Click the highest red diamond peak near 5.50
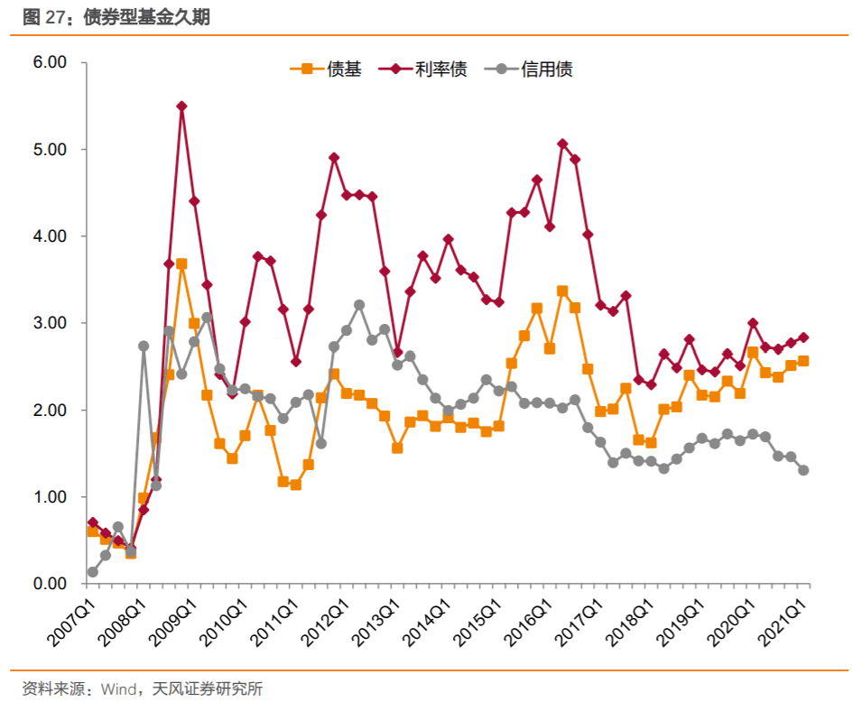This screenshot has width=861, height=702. click(181, 106)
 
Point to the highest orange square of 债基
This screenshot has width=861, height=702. click(181, 263)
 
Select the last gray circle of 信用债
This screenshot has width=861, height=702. click(803, 470)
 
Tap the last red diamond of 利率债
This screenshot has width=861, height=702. click(803, 337)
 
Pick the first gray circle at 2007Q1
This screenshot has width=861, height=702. click(92, 572)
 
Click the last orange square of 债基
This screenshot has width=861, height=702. click(803, 361)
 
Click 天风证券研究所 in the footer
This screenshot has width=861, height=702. click(208, 689)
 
